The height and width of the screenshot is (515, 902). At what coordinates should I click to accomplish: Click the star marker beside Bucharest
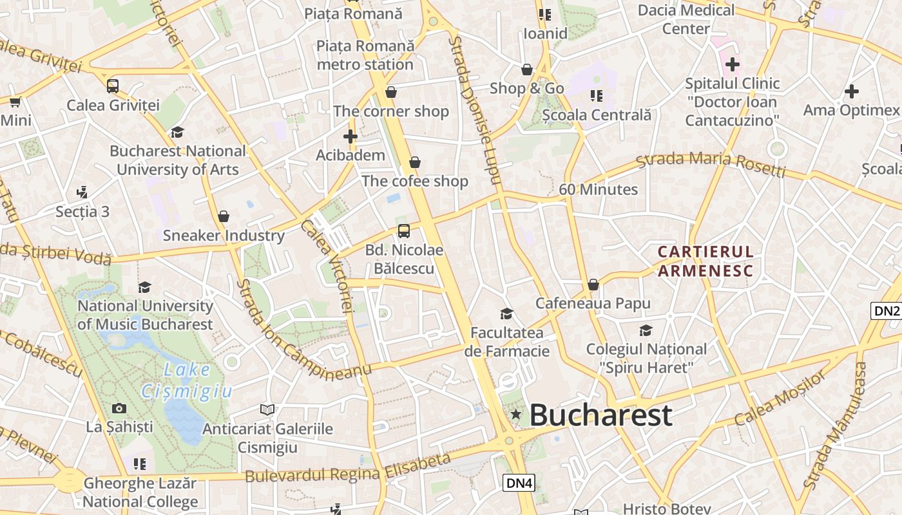coord(515,415)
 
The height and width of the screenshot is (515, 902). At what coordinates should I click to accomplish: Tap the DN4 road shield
coord(519,483)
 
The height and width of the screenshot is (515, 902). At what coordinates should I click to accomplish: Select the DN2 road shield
coord(886,311)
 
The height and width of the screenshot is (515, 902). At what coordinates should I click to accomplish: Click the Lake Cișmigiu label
coord(186,380)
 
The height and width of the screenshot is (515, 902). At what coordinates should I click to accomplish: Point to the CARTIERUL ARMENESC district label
coord(705,261)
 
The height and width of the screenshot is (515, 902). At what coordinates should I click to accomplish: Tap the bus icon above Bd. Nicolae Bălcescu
coord(404,230)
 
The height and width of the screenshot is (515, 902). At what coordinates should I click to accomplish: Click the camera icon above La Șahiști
coord(119,408)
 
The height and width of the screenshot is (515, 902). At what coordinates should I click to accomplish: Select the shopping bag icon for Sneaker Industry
coord(224,216)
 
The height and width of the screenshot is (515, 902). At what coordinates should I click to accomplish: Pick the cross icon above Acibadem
coord(350,136)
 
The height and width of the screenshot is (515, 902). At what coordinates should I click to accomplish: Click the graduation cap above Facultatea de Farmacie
coord(507,314)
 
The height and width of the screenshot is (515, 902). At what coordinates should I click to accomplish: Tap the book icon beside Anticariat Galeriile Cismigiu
coord(267,409)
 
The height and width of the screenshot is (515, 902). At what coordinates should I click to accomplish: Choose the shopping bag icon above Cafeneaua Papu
coord(593,284)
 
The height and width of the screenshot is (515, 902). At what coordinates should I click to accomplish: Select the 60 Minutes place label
coord(598,189)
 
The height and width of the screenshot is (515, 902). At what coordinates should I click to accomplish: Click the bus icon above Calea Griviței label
coord(113,86)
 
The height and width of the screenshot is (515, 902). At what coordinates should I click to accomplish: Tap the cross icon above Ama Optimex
coord(851,91)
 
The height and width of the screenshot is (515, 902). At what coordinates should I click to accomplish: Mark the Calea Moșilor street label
coord(780,398)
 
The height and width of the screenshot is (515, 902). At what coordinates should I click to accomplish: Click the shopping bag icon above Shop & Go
coord(527,70)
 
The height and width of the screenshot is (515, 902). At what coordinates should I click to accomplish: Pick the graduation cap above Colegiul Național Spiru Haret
coord(646,330)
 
